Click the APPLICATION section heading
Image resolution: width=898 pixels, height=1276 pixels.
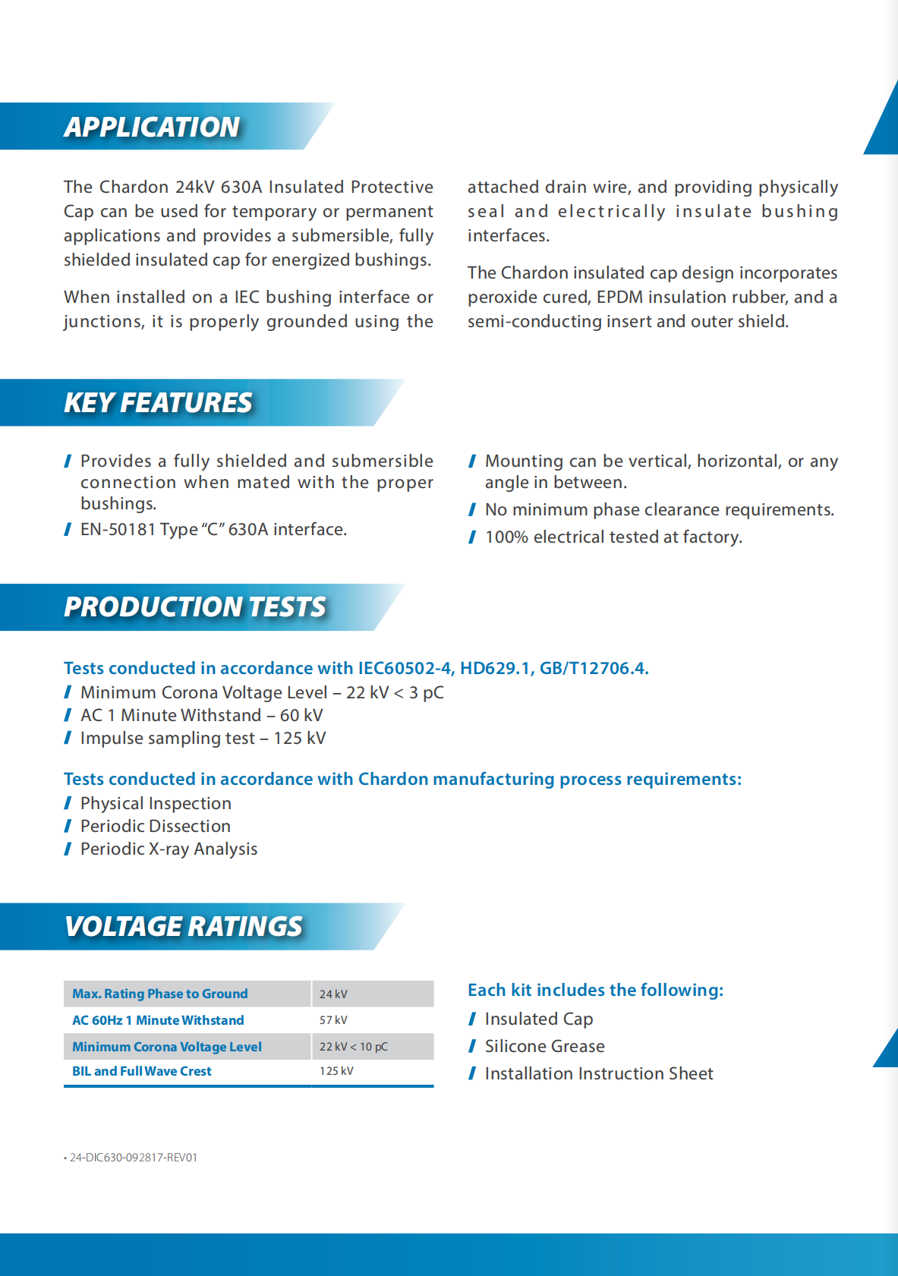(x=152, y=127)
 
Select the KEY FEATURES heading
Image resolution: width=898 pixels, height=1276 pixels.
(x=158, y=402)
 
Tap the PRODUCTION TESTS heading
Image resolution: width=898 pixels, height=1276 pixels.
(x=195, y=606)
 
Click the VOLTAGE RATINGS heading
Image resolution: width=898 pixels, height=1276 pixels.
(x=184, y=926)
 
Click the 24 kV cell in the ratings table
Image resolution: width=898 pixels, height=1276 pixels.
(x=333, y=994)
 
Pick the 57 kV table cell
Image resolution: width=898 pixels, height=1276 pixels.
(x=333, y=1020)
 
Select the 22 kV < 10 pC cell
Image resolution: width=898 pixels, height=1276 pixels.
(x=353, y=1047)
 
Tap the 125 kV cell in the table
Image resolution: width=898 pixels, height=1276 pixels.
(x=336, y=1071)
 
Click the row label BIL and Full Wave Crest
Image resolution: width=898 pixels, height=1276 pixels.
(x=142, y=1071)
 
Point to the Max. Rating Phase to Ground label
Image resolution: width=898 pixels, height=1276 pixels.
(x=160, y=994)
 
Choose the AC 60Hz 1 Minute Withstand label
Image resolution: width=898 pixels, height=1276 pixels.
(x=158, y=1020)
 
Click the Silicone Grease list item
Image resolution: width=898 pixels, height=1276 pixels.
(x=544, y=1046)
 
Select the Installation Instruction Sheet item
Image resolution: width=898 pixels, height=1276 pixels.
(x=599, y=1073)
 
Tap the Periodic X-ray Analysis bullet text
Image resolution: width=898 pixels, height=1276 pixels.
(x=169, y=849)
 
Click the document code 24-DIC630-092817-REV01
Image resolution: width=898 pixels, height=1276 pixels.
(x=133, y=1158)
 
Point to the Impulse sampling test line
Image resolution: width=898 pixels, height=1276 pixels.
(x=203, y=738)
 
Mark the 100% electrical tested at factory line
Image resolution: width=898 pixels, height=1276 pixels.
(x=613, y=537)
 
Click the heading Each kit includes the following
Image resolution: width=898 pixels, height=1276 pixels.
(x=595, y=990)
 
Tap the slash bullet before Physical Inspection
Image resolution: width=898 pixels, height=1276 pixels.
(x=68, y=803)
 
